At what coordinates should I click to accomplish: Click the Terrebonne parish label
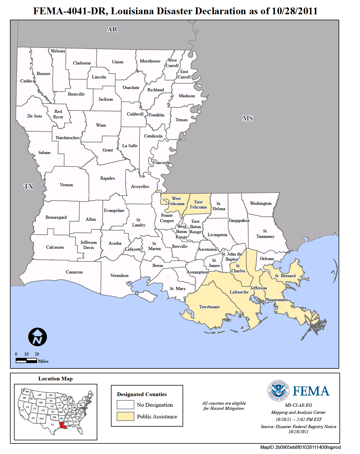pos(209,307)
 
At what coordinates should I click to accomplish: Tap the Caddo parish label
pos(26,81)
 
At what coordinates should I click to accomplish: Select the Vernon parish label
pos(66,185)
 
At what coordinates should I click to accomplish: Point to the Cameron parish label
pos(74,272)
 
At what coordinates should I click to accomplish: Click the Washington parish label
pos(260,203)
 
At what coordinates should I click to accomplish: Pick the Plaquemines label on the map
pos(277,300)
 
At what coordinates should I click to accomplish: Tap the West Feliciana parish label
pos(176,201)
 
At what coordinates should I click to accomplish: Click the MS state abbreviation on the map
pos(248,118)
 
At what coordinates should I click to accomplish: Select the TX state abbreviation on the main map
pos(29,187)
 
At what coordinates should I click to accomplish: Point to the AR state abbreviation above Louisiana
pos(112,29)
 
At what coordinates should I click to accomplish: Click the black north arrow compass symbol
pos(38,337)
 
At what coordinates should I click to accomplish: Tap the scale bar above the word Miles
pos(27,361)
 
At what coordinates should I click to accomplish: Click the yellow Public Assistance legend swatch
pos(125,416)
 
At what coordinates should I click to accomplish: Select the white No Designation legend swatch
pos(125,405)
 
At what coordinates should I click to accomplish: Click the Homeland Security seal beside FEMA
pos(278,391)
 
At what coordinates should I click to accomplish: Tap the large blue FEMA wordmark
pos(311,391)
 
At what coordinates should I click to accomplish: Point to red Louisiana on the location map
pos(63,425)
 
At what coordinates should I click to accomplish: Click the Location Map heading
pos(55,379)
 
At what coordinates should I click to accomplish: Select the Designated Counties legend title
pos(142,394)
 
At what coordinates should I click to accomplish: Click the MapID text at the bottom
pos(300,447)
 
